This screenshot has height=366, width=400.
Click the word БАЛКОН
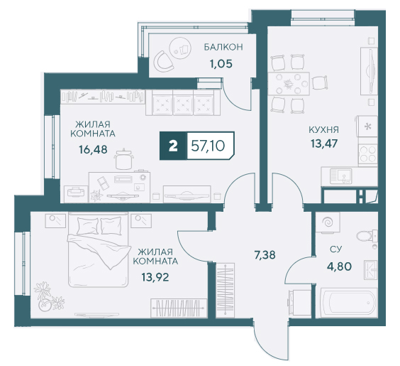[x=223, y=47]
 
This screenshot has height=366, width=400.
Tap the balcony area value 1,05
[x=221, y=64]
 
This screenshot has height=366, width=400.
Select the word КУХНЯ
[x=323, y=130]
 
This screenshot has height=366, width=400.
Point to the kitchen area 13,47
[x=324, y=144]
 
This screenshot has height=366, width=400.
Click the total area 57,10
[x=208, y=146]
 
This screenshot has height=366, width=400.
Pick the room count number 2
[x=173, y=146]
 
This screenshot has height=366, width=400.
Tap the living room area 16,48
[x=93, y=149]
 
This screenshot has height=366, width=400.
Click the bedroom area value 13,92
[x=155, y=276]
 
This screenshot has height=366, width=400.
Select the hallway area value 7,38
[x=265, y=255]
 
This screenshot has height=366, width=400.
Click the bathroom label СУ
[x=335, y=249]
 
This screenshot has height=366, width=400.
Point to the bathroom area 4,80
[x=339, y=267]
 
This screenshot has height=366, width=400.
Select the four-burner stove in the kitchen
[x=367, y=154]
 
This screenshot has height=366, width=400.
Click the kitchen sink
[x=341, y=176]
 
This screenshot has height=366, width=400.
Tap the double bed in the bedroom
[x=98, y=250]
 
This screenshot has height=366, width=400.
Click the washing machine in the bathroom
[x=328, y=222]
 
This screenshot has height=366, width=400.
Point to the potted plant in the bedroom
[x=48, y=297]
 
